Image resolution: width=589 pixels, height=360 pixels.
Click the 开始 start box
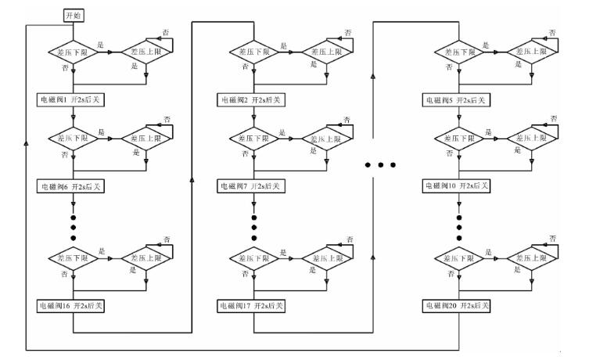tap(72, 15)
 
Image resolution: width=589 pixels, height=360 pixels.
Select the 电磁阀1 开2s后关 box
tap(72, 99)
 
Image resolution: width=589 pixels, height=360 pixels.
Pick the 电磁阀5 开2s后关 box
tap(458, 99)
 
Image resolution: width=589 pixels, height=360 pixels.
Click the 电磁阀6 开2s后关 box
tap(72, 187)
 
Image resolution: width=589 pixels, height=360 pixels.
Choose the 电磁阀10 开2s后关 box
tap(458, 186)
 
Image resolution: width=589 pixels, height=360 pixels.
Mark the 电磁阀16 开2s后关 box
tap(72, 304)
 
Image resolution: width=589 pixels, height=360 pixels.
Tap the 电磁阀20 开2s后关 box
tap(458, 304)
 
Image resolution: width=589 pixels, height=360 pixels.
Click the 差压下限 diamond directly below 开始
tap(72, 52)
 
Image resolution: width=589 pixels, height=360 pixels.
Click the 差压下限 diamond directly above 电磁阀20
tap(458, 258)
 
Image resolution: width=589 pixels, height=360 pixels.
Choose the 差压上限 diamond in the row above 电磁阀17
tap(325, 258)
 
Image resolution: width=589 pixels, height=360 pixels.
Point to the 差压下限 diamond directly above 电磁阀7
tap(253, 139)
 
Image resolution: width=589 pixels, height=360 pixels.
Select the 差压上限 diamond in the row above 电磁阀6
tap(148, 139)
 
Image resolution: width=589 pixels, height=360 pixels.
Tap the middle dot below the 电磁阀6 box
tap(72, 225)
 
